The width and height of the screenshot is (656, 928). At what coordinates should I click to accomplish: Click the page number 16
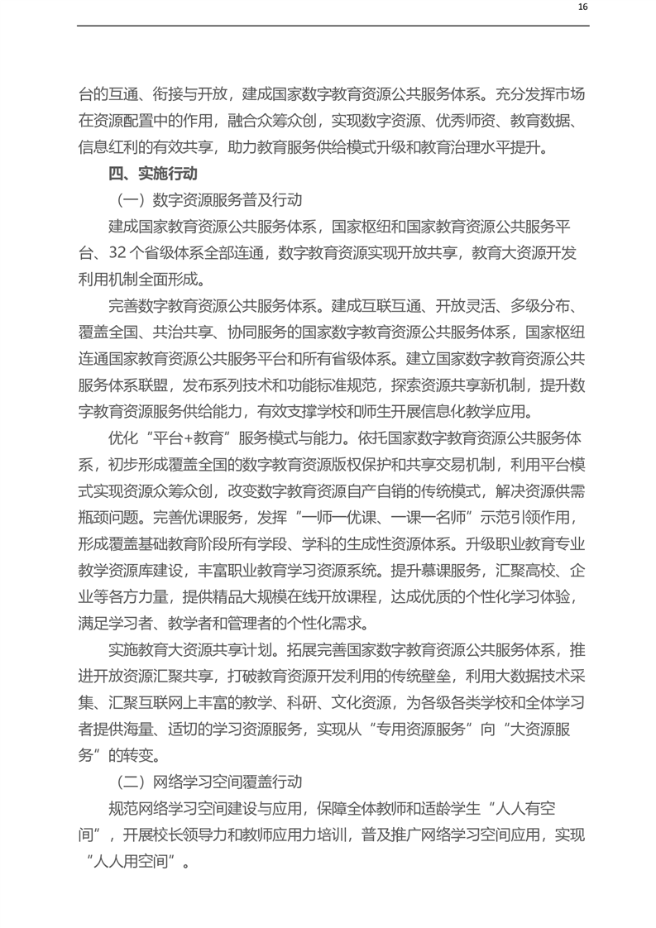click(x=582, y=7)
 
